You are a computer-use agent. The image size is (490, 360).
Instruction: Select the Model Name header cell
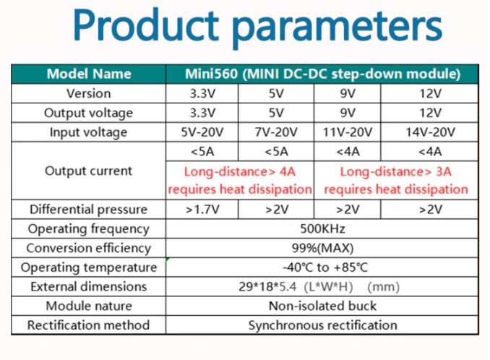88,74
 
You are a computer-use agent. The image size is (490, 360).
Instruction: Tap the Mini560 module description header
322,74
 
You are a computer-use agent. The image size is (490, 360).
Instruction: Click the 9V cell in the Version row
348,93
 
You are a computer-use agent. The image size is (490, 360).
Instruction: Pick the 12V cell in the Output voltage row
430,113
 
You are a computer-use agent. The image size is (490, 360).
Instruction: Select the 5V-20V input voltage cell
202,132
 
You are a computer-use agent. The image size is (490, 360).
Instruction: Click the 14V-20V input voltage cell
430,132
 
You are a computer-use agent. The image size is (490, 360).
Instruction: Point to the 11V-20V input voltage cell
348,132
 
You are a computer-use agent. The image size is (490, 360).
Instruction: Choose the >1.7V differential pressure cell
202,210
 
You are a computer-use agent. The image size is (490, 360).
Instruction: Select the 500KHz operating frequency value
322,229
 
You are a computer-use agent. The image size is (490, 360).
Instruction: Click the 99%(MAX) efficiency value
322,248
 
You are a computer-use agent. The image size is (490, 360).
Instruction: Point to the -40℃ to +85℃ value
322,267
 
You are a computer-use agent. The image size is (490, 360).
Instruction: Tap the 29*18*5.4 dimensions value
322,287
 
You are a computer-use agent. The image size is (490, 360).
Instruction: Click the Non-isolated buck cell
322,307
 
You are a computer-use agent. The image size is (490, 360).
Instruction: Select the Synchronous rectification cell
322,325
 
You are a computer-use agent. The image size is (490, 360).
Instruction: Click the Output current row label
88,171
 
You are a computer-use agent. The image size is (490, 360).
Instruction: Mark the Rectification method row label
88,325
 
